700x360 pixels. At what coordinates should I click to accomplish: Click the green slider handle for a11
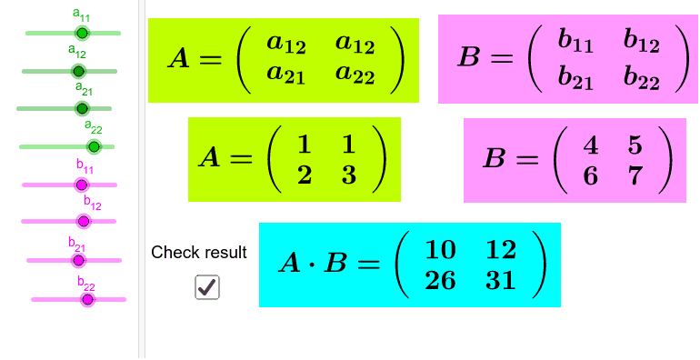tap(82, 33)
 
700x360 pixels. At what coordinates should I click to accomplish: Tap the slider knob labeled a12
tap(78, 71)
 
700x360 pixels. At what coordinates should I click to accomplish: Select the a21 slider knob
tap(82, 108)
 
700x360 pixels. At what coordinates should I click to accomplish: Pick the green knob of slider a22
tap(94, 146)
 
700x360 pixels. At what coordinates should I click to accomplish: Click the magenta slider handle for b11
tap(81, 185)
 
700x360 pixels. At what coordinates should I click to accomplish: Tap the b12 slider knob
tap(84, 221)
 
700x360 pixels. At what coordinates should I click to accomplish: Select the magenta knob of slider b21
tap(77, 260)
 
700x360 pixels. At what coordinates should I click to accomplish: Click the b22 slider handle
tap(87, 299)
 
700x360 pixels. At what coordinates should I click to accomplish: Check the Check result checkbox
tap(207, 287)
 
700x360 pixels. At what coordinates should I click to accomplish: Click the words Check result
tap(198, 253)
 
